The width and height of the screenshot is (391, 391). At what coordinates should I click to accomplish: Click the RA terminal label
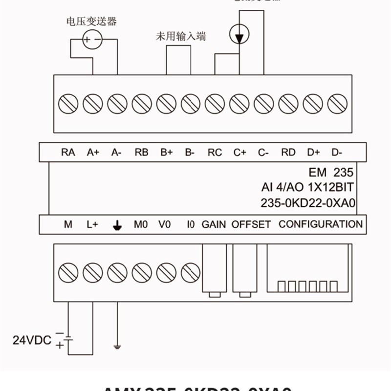coord(68,152)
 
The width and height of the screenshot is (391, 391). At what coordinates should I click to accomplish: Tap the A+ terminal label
coord(93,152)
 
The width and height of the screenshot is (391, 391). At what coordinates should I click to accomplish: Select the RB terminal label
coord(141,152)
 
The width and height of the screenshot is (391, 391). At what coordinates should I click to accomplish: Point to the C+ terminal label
coord(239,152)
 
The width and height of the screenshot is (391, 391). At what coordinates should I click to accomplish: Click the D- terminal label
coord(337,152)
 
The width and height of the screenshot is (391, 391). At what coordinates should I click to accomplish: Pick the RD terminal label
coord(288,152)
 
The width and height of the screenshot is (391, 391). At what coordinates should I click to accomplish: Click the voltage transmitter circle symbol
coord(92,39)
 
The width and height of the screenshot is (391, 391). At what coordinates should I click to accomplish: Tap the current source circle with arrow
coord(239,34)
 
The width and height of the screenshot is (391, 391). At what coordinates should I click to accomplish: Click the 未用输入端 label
coord(181,36)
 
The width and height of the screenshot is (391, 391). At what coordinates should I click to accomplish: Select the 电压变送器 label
coord(91,21)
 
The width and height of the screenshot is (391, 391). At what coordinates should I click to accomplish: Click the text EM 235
coord(331,173)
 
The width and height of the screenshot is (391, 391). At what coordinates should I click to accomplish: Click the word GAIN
coord(214,224)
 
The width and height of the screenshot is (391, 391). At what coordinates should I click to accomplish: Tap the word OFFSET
coord(251,224)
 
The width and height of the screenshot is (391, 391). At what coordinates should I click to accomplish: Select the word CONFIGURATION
coord(321,224)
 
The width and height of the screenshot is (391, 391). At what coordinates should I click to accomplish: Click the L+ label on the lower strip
coord(92,225)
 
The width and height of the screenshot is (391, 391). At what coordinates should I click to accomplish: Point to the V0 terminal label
coord(165,225)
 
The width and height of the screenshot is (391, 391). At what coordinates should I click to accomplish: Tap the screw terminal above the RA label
coord(68,104)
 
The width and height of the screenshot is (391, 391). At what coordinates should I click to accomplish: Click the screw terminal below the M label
coord(68,272)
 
